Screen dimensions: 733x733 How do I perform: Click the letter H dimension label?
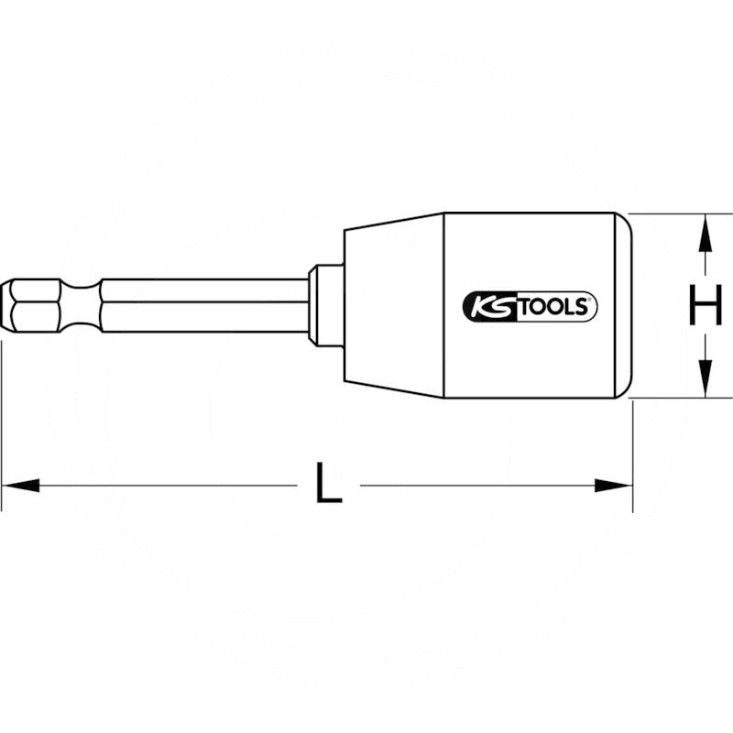coord(705,305)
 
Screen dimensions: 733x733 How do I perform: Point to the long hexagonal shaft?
coord(202,305)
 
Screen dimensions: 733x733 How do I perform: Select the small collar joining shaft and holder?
coord(323,305)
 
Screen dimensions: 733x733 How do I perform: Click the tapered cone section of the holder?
coord(389,305)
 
